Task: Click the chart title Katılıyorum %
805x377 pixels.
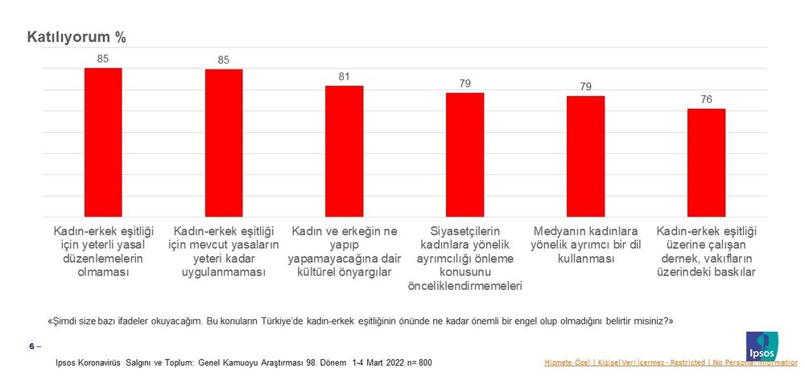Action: click(76, 37)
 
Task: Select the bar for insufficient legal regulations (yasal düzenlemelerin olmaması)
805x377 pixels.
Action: click(103, 142)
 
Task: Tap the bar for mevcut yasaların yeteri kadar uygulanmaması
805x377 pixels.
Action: click(224, 143)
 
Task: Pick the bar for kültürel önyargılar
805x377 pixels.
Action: click(344, 151)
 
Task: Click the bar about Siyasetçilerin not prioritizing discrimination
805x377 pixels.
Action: click(465, 155)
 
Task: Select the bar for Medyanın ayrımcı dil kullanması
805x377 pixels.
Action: click(585, 156)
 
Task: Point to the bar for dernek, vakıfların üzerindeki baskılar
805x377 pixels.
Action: click(706, 163)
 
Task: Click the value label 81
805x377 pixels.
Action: click(345, 77)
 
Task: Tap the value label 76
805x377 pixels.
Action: click(706, 100)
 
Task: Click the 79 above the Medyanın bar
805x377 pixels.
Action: click(585, 87)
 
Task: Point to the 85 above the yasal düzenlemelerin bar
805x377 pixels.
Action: click(103, 59)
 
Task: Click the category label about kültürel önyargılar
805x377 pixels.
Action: click(344, 251)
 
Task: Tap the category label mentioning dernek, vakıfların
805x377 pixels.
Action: click(706, 251)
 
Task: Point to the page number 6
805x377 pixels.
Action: click(32, 346)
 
